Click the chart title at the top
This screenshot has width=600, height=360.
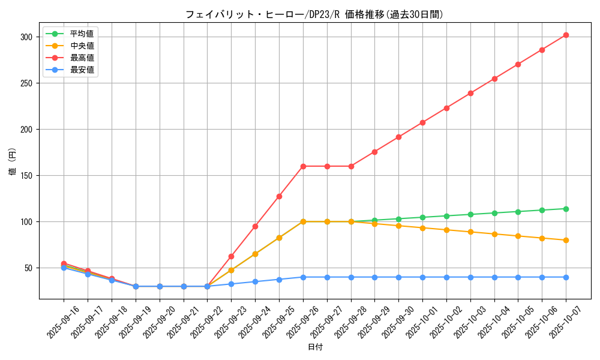point(314,14)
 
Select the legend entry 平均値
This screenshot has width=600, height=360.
point(82,34)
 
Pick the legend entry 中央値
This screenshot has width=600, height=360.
point(82,46)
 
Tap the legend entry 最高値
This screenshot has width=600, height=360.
point(82,58)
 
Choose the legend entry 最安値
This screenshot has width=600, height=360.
point(82,70)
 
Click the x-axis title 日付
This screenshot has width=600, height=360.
point(314,347)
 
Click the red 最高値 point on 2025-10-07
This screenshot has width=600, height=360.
point(566,35)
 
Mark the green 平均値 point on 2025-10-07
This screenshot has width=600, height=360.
point(566,209)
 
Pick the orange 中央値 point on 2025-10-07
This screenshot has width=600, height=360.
point(566,240)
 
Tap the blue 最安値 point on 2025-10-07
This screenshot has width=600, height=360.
point(566,277)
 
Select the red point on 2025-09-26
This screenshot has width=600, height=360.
point(303,166)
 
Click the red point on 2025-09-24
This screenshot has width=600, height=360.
point(255,226)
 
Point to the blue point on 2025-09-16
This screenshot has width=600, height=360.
point(64,268)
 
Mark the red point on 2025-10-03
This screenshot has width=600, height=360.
point(470,93)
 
